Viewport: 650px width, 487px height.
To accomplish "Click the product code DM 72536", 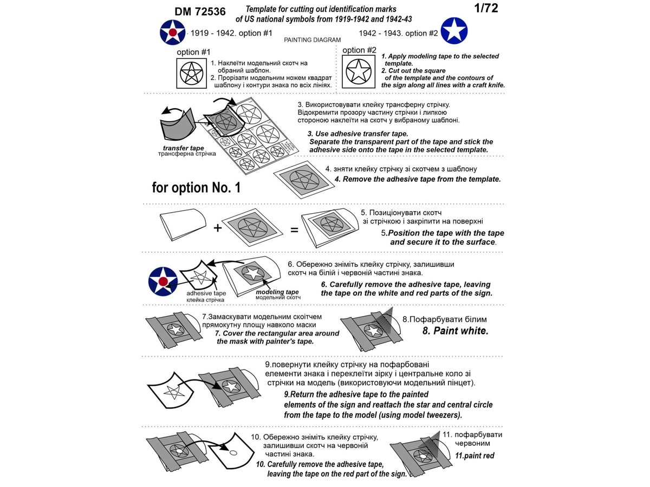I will click(200, 11).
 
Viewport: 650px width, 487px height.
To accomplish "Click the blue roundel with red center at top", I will click(173, 32).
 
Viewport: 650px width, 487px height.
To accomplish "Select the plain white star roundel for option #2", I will click(454, 31).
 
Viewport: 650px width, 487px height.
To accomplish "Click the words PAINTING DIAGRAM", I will click(313, 40).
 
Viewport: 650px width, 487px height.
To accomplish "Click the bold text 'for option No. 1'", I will click(196, 188).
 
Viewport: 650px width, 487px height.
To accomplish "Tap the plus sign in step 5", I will click(218, 228).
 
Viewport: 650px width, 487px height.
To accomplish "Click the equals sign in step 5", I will click(295, 229).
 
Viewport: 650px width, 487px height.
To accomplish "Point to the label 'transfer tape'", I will click(183, 148).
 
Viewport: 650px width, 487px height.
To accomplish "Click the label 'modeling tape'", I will click(277, 292).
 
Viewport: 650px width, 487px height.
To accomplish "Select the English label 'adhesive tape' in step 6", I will click(206, 293).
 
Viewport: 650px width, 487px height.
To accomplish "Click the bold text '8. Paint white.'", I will click(455, 331).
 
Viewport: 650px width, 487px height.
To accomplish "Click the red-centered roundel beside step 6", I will click(163, 281).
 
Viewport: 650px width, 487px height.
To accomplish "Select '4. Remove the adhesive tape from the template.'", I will click(417, 179).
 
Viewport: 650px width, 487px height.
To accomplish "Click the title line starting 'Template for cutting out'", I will click(321, 9).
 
